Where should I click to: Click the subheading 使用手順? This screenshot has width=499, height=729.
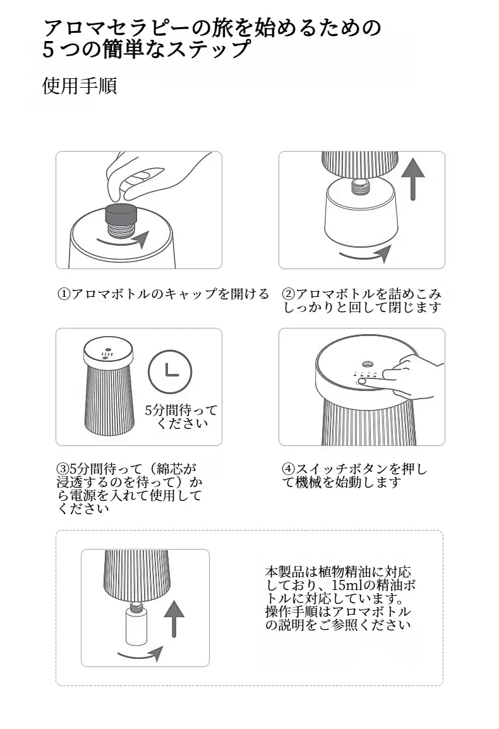(80, 85)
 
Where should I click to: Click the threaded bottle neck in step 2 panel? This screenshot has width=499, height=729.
(361, 185)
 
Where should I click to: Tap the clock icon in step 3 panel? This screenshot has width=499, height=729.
(170, 371)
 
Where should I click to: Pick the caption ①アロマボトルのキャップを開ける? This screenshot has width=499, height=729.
(163, 294)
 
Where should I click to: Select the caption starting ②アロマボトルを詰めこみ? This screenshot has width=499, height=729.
(363, 300)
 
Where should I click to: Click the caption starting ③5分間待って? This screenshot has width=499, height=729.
(129, 488)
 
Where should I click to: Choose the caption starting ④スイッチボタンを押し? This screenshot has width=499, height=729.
(354, 476)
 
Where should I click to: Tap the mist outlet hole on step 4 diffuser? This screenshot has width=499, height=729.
(368, 362)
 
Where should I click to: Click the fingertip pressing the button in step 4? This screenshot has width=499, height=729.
(365, 381)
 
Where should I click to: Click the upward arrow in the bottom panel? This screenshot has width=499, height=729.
(174, 618)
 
